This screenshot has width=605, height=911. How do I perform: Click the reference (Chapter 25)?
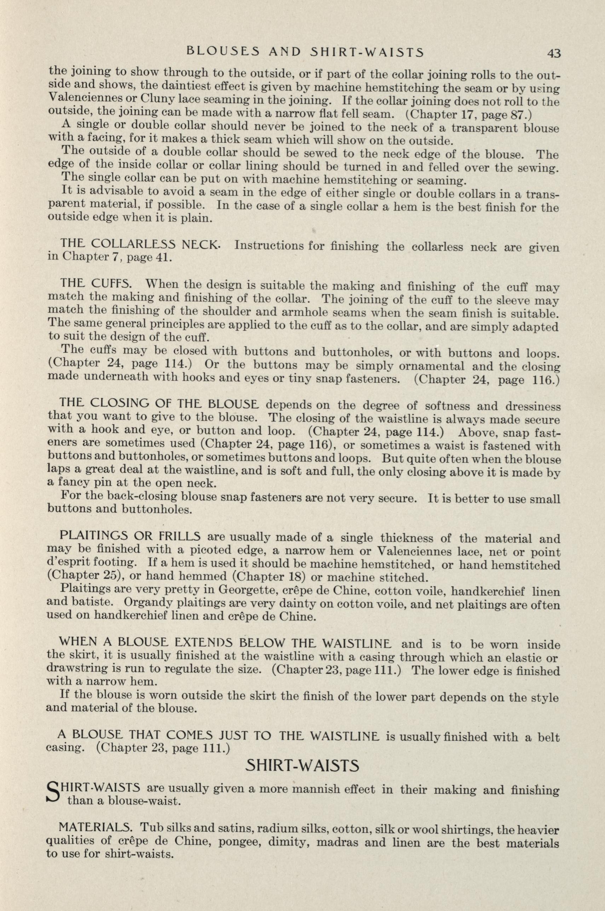84,578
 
